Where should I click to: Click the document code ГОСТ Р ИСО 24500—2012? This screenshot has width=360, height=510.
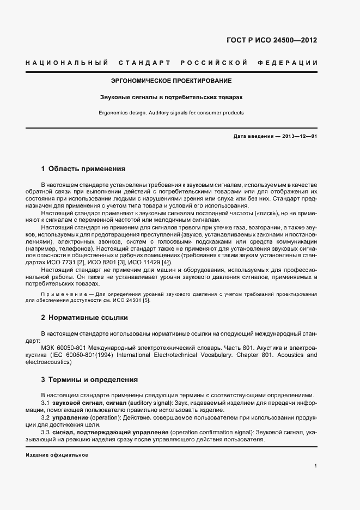coord(271,40)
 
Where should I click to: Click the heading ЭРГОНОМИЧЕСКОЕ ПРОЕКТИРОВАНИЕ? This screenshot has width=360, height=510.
coord(172,81)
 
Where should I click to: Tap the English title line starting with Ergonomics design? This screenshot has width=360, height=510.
coord(172,113)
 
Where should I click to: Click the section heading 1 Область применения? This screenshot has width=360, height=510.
coord(83,168)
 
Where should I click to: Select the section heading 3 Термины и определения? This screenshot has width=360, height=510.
coord(89,379)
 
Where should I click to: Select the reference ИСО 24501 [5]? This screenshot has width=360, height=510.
coord(127,300)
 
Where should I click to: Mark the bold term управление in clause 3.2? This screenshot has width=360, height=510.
coord(73,417)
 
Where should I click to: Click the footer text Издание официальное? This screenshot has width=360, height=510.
coord(57,454)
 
